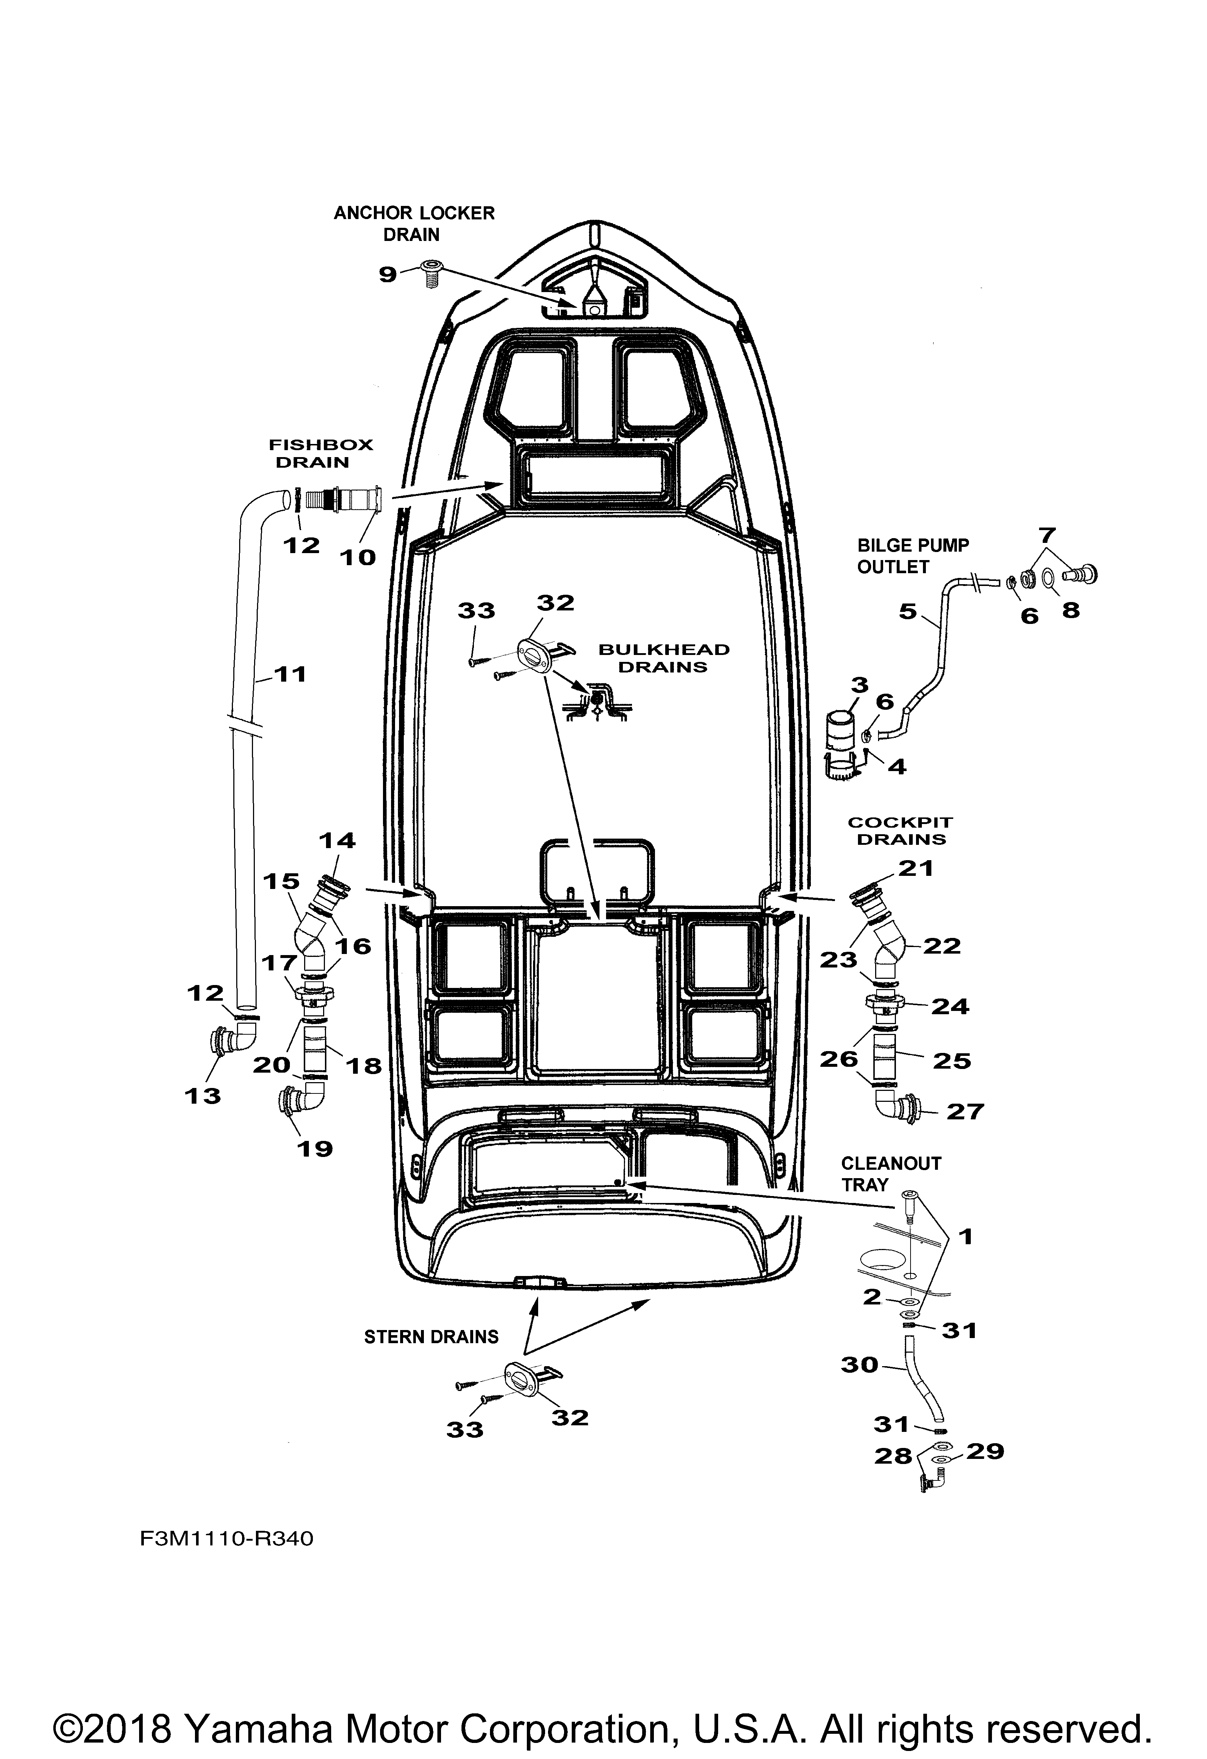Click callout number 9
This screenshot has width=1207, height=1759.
click(387, 274)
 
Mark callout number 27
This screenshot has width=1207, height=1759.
click(964, 1111)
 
